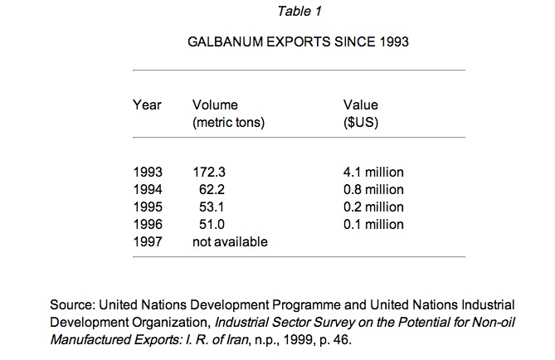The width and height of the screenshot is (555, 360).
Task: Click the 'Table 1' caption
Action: (x=298, y=12)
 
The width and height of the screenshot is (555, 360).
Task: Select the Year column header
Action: (x=147, y=105)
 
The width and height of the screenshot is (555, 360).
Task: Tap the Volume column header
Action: (x=215, y=105)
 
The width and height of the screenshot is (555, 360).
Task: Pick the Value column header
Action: (x=360, y=105)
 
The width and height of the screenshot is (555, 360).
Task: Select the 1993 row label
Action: (x=147, y=173)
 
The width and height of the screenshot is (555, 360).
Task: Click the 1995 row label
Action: (x=147, y=207)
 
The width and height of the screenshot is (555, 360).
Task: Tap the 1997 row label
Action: (x=147, y=241)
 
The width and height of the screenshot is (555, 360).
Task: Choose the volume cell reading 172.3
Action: (x=209, y=173)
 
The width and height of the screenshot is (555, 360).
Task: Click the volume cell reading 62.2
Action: (x=214, y=189)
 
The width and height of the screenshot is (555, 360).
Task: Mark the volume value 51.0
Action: (x=214, y=224)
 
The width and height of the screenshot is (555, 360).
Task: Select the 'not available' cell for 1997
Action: (x=230, y=241)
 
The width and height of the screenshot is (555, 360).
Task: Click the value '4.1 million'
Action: (x=373, y=173)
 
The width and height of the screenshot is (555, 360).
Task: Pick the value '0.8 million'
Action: (x=373, y=189)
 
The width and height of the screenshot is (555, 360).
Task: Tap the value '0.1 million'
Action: (x=373, y=224)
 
